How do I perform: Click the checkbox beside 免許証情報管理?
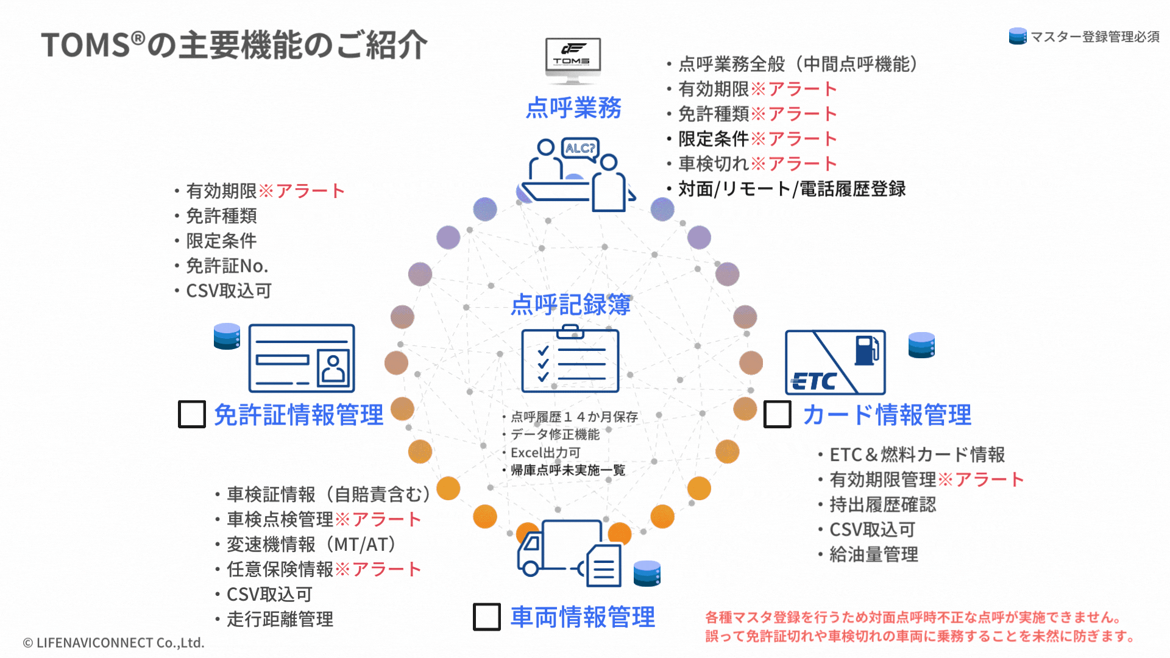(191, 414)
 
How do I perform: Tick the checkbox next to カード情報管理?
(777, 414)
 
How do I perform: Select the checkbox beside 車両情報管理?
(486, 617)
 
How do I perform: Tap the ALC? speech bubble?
(580, 148)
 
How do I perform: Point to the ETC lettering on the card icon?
(814, 381)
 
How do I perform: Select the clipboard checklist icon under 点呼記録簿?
(570, 359)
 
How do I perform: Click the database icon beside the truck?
(647, 573)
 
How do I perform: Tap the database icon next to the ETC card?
(921, 345)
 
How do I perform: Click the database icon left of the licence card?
(227, 336)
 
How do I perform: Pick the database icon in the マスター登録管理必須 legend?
(1017, 37)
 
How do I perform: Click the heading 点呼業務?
(573, 108)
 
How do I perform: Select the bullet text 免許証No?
(227, 266)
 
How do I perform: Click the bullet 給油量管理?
(873, 554)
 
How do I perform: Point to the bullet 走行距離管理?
(280, 619)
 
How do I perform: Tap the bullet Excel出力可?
(545, 453)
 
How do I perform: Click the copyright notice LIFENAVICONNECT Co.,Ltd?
(114, 643)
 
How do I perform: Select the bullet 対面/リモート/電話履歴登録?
(792, 189)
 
